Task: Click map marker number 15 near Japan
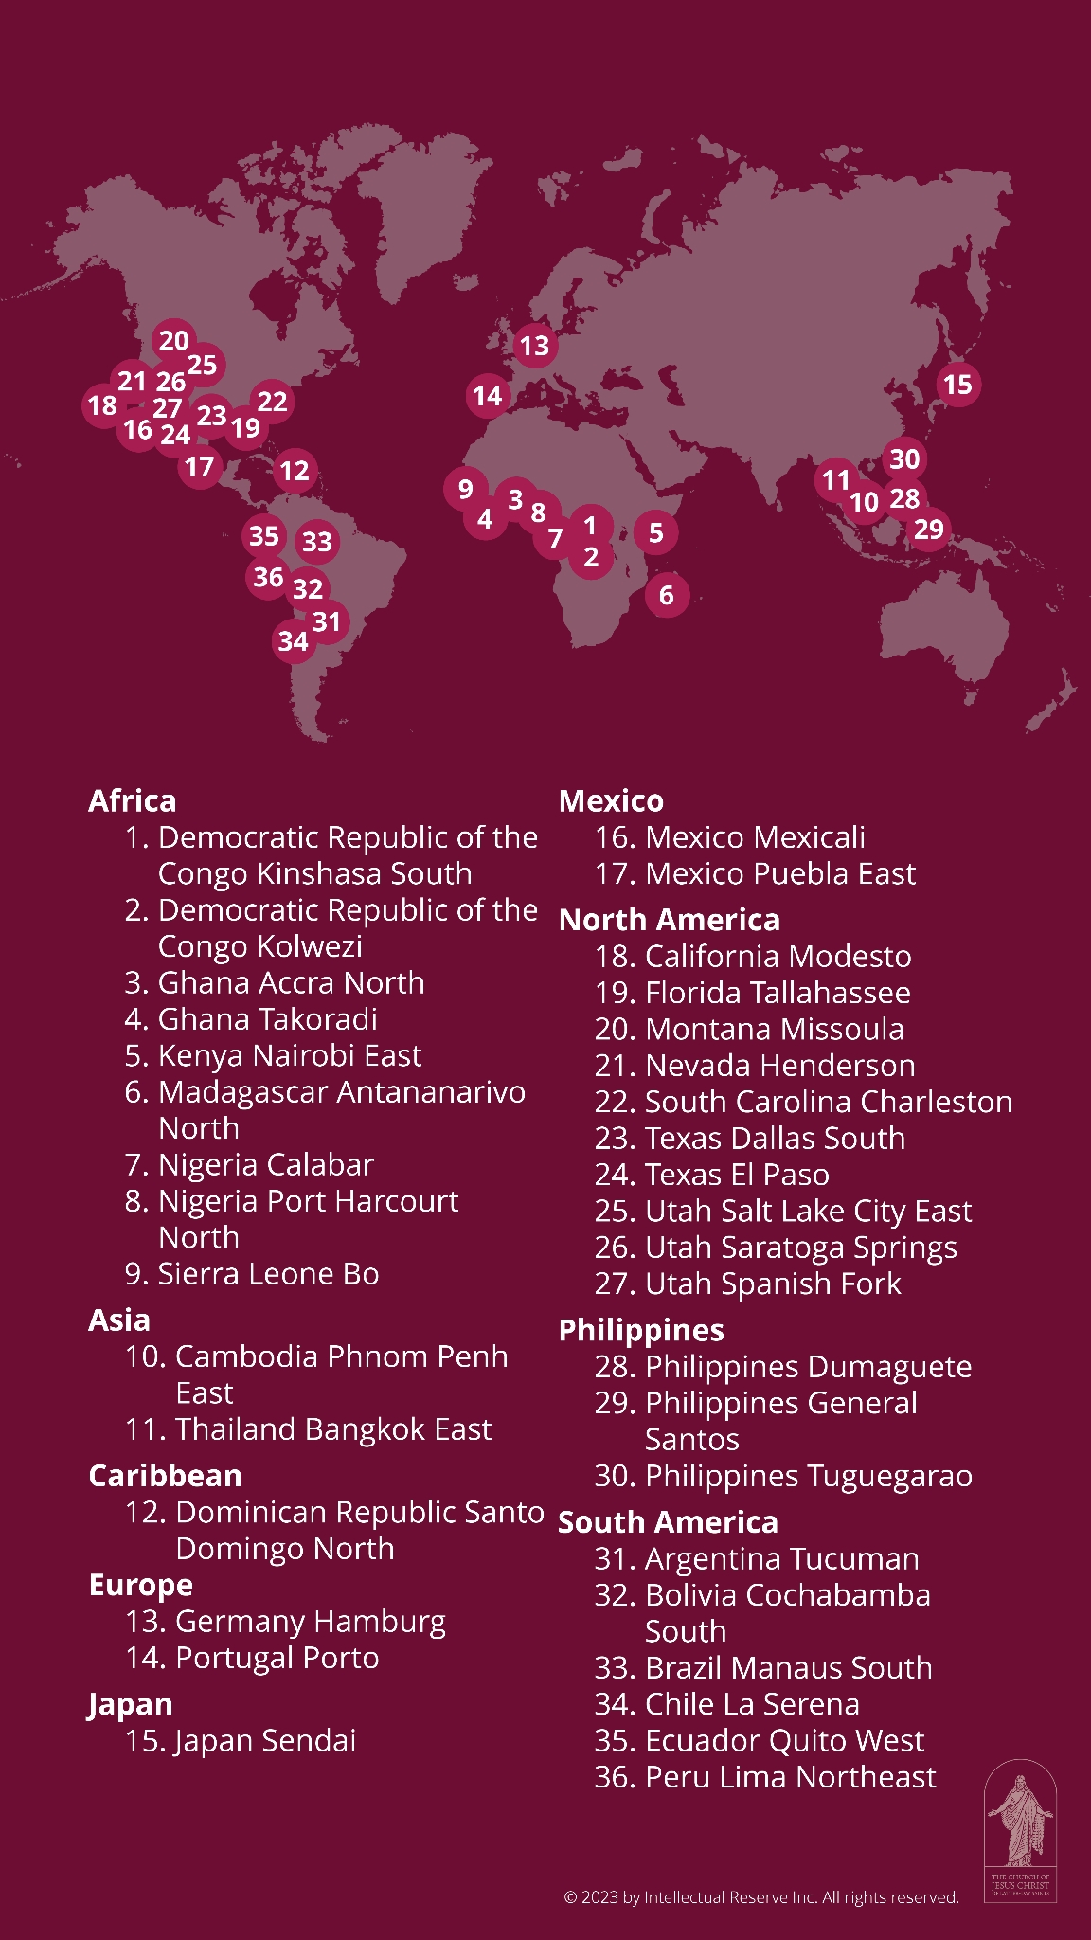[x=957, y=385]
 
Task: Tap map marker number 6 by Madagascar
[x=667, y=595]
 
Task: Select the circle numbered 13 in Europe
[x=534, y=346]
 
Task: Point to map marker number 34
[x=294, y=641]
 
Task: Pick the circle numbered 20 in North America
[x=174, y=341]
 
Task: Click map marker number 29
[x=929, y=529]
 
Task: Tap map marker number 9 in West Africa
[x=465, y=489]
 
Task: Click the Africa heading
[x=133, y=801]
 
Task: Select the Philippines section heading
[x=641, y=1330]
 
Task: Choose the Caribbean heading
[x=165, y=1476]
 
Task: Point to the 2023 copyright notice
[x=760, y=1896]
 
